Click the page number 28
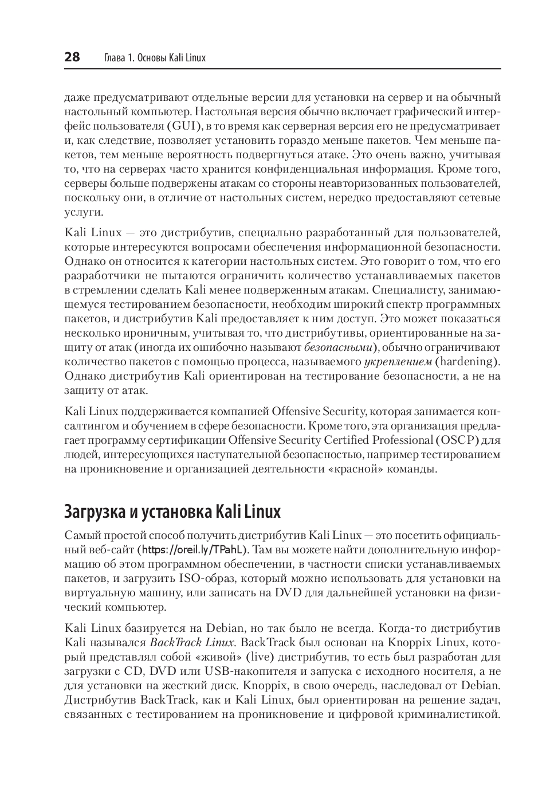point(72,57)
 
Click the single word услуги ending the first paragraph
point(84,212)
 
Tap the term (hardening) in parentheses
point(467,362)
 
